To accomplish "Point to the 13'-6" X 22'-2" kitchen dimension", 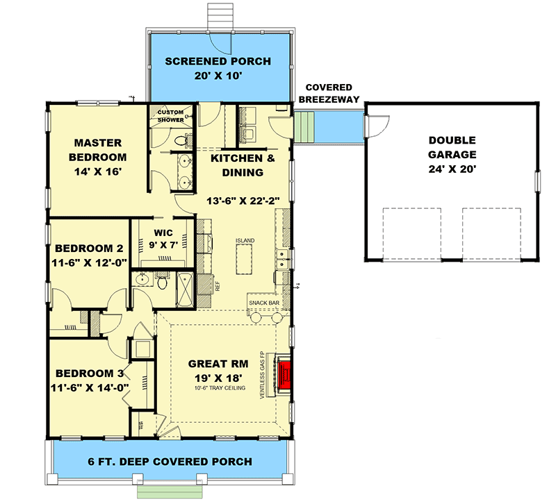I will click(x=243, y=201).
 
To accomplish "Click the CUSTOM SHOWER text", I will click(x=170, y=116).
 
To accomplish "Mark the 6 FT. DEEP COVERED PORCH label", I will click(x=170, y=461).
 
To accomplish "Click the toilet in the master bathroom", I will click(x=181, y=140).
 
